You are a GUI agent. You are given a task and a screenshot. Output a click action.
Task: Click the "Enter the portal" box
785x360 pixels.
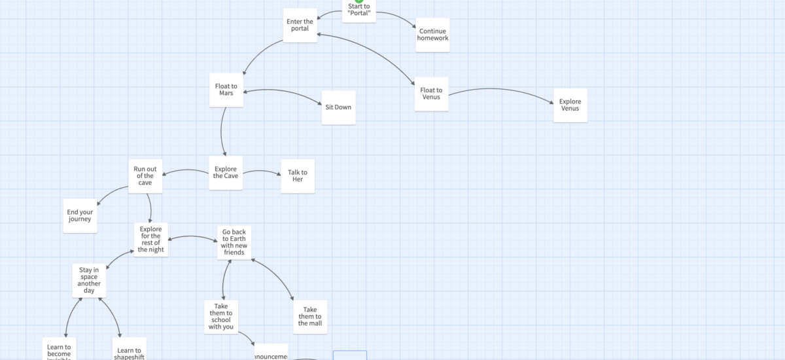click(x=300, y=26)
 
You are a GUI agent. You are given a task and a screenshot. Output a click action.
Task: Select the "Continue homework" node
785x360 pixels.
click(x=433, y=35)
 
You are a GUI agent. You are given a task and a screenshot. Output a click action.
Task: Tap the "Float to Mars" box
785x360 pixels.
click(x=226, y=90)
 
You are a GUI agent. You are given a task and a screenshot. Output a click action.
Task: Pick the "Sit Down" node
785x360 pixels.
click(x=338, y=107)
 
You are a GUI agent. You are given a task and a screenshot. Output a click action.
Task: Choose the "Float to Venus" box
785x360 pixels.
click(x=431, y=94)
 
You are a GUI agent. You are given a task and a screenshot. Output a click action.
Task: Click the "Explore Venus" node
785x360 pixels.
click(x=570, y=105)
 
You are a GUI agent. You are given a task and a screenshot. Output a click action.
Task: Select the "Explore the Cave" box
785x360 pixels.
click(x=226, y=173)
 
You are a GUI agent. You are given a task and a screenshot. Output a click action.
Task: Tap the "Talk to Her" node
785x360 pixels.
click(x=298, y=176)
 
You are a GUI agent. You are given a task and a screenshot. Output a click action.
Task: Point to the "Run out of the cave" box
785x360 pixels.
click(x=145, y=176)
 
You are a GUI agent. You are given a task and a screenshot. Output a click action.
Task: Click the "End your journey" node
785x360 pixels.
click(x=80, y=215)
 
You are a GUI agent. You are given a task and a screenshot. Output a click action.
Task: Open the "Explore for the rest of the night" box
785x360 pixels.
click(x=151, y=240)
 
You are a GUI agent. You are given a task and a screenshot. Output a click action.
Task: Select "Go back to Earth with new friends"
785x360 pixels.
click(x=234, y=242)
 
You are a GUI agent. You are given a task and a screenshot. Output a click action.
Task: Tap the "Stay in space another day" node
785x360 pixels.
click(x=89, y=280)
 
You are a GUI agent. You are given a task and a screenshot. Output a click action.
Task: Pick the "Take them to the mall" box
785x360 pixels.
click(x=310, y=317)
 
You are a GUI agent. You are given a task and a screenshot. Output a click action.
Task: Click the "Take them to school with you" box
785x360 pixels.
click(x=221, y=317)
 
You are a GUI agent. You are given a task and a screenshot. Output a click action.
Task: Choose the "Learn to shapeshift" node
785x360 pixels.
click(x=129, y=350)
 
